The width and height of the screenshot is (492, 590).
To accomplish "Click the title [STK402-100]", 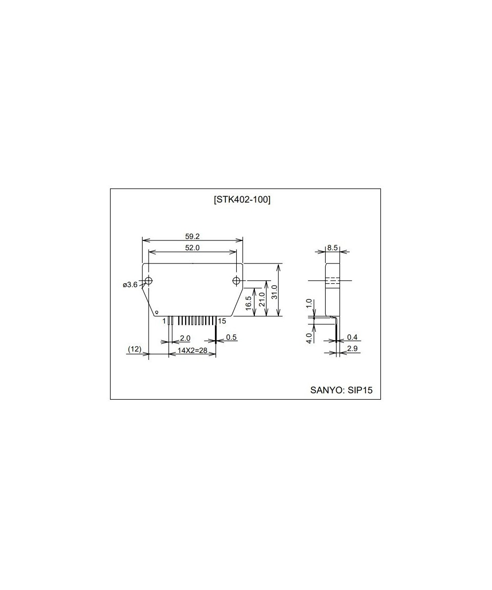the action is pyautogui.click(x=243, y=200).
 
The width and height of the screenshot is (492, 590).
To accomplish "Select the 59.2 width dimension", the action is pyautogui.click(x=192, y=236).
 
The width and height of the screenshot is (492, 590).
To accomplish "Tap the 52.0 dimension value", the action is pyautogui.click(x=192, y=248).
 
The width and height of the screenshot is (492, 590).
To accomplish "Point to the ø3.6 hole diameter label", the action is pyautogui.click(x=130, y=285).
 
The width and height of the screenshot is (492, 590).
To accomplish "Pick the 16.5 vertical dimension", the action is pyautogui.click(x=248, y=303).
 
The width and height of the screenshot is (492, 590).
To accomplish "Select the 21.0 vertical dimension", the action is pyautogui.click(x=262, y=299).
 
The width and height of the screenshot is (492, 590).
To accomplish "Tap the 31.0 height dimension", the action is pyautogui.click(x=275, y=292).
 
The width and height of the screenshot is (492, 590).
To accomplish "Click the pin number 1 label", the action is pyautogui.click(x=164, y=321).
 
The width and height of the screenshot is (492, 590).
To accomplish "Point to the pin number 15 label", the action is pyautogui.click(x=222, y=321).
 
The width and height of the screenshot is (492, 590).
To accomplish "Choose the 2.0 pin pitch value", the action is pyautogui.click(x=185, y=338).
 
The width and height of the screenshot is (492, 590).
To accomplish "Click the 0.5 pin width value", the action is pyautogui.click(x=231, y=337).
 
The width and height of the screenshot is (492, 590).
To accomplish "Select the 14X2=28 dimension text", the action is pyautogui.click(x=192, y=351).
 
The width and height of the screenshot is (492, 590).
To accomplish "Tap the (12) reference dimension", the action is pyautogui.click(x=135, y=349).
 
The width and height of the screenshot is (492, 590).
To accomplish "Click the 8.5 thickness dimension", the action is pyautogui.click(x=332, y=248).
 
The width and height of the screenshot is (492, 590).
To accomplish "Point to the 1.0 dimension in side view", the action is pyautogui.click(x=309, y=303).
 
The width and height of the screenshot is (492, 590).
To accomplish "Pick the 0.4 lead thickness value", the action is pyautogui.click(x=352, y=337).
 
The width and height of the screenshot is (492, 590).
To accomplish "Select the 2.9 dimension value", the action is pyautogui.click(x=352, y=349).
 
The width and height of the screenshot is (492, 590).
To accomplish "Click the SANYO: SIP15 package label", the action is pyautogui.click(x=341, y=390).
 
